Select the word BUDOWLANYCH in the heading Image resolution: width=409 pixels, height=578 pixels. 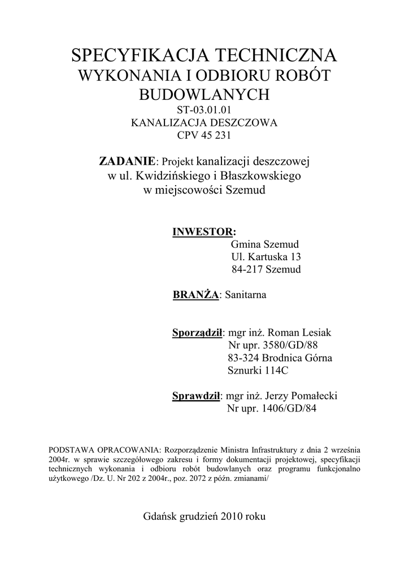point(204,94)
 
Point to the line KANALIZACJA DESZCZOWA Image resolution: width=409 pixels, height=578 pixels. point(204,122)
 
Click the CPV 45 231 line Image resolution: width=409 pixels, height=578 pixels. point(204,135)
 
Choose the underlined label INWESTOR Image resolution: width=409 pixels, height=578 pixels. point(202,232)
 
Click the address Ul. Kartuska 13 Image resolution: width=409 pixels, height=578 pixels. point(266,257)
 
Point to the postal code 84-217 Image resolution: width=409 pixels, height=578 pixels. point(246,269)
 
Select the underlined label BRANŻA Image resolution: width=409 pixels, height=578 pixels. point(195,295)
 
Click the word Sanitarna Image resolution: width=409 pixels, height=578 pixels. point(246,295)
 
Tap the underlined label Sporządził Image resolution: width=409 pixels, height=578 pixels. point(198,332)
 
